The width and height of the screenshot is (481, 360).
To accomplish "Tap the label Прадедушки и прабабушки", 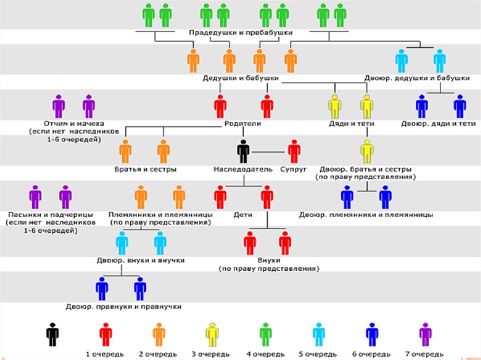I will click(241, 33).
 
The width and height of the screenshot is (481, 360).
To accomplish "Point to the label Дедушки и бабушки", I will click(241, 78).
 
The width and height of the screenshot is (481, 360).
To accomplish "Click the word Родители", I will click(242, 124).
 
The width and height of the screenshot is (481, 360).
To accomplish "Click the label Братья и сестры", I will click(146, 169).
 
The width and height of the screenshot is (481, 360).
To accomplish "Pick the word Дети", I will click(243, 214).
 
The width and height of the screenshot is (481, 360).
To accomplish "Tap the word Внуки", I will click(269, 260).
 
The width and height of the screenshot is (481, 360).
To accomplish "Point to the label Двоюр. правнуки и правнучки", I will click(124, 306).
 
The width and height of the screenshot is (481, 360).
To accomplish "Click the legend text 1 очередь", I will click(105, 354).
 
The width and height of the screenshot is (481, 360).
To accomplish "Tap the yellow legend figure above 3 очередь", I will click(212, 334).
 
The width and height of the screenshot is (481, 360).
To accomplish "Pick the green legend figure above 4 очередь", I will click(265, 334).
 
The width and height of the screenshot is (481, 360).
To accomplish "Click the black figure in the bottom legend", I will click(52, 334).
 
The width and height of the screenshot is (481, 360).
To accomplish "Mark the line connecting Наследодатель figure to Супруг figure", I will click(269, 152).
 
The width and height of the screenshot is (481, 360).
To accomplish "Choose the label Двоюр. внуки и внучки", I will click(140, 260).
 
